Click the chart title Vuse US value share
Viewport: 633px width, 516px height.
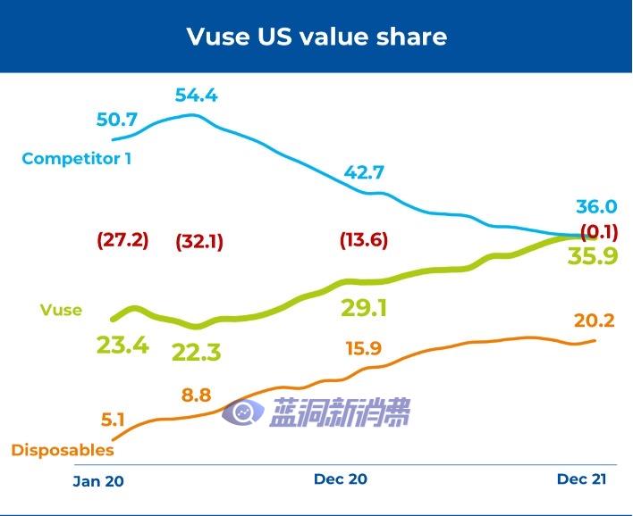(316, 37)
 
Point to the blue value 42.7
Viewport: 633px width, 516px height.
(364, 172)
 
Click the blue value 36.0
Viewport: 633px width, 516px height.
(595, 207)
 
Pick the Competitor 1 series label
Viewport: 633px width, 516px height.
(77, 159)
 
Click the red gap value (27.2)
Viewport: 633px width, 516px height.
(122, 241)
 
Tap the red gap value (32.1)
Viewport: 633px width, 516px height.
(199, 242)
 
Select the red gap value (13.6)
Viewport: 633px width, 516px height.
(364, 241)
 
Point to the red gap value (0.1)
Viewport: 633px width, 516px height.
(600, 233)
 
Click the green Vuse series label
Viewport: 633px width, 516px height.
(61, 311)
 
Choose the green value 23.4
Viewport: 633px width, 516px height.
(122, 345)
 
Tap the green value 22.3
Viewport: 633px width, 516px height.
(196, 353)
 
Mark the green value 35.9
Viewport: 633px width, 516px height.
(592, 256)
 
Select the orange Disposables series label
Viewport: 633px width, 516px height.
(63, 450)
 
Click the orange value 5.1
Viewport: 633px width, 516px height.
(112, 418)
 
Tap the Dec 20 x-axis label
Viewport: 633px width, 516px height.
(340, 479)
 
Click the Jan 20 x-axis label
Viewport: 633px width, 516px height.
(98, 481)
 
